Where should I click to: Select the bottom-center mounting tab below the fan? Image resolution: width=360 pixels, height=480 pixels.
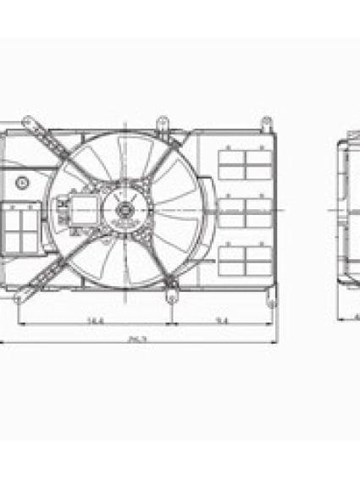point(170,298)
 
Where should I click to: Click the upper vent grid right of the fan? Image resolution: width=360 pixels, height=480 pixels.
point(243,163)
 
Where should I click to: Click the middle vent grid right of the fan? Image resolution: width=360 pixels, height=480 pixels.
point(243,212)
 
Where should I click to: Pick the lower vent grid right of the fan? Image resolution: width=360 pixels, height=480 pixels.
point(243,257)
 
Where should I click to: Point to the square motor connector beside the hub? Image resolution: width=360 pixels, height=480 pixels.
point(83,207)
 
